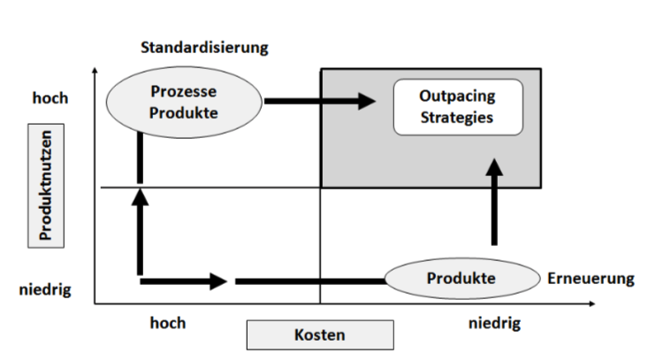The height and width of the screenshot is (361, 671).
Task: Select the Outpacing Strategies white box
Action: point(457,107)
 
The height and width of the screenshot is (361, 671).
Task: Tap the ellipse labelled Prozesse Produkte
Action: point(184,101)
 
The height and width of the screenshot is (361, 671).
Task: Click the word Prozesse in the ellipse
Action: point(184,92)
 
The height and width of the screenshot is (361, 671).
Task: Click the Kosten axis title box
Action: point(319,334)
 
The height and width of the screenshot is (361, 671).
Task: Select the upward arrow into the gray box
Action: point(494,204)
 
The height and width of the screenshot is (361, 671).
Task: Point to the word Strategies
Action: point(457,117)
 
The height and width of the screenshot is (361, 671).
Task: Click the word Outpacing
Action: point(457,96)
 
